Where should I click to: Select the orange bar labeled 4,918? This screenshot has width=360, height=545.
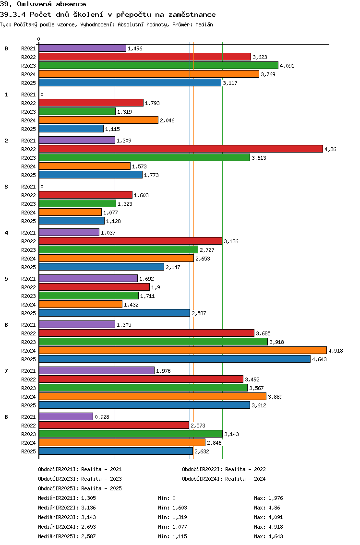(182, 350)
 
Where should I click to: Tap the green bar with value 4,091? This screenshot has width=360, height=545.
(158, 65)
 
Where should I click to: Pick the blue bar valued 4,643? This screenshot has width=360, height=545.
(174, 359)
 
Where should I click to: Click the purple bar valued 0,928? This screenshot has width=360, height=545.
(66, 416)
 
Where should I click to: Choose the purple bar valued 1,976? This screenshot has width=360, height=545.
(96, 370)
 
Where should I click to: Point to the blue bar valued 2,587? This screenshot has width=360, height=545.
(114, 313)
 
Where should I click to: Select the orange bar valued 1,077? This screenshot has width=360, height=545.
(70, 212)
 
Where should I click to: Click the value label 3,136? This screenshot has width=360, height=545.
(231, 241)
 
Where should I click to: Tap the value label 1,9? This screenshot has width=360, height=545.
(156, 287)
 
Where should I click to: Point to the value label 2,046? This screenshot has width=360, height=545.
(167, 120)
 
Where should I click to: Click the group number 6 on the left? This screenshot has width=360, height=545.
(6, 325)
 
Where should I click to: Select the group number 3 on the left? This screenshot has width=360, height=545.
(6, 187)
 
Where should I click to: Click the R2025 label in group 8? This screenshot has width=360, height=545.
(28, 451)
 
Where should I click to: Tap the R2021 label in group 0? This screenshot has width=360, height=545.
(28, 48)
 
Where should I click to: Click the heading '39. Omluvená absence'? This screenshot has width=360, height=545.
(43, 4)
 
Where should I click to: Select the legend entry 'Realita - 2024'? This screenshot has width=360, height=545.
(224, 479)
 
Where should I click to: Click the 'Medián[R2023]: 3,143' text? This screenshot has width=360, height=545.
(67, 517)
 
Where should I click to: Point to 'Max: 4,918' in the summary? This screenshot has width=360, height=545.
(269, 527)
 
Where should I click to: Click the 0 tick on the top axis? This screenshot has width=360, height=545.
(39, 39)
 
